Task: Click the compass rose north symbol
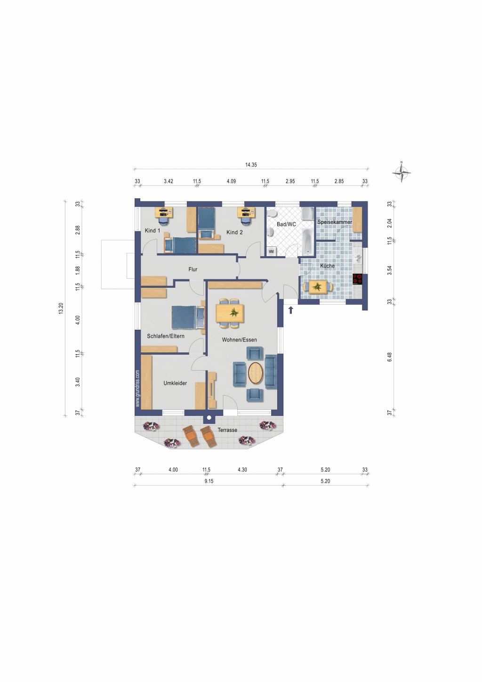point(402,173)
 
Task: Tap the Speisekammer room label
point(335,222)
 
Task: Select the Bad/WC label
point(286,225)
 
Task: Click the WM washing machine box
point(272,252)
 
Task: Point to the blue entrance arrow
point(291,309)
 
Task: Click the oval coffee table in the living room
point(256,373)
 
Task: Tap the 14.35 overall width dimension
point(251,165)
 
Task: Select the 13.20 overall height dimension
point(60,309)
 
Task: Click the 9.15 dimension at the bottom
point(209,481)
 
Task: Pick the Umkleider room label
point(175,383)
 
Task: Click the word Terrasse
point(227,430)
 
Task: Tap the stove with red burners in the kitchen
point(358,279)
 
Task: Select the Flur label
point(193,270)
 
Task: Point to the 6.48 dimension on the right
point(390,357)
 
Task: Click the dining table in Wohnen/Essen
point(230,313)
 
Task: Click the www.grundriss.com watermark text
point(138,389)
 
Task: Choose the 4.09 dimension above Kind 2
point(231,181)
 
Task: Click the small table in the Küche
point(318,286)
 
